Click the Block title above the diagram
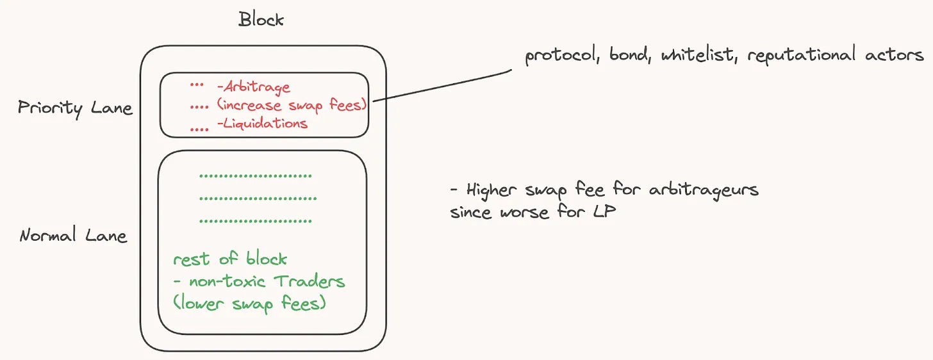pyautogui.click(x=261, y=19)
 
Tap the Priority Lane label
pyautogui.click(x=75, y=108)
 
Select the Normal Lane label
pyautogui.click(x=73, y=236)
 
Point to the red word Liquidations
pyautogui.click(x=261, y=124)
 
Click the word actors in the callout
pyautogui.click(x=891, y=56)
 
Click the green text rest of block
pyautogui.click(x=230, y=259)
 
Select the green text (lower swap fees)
pyautogui.click(x=249, y=303)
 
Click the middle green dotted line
pyautogui.click(x=258, y=199)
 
